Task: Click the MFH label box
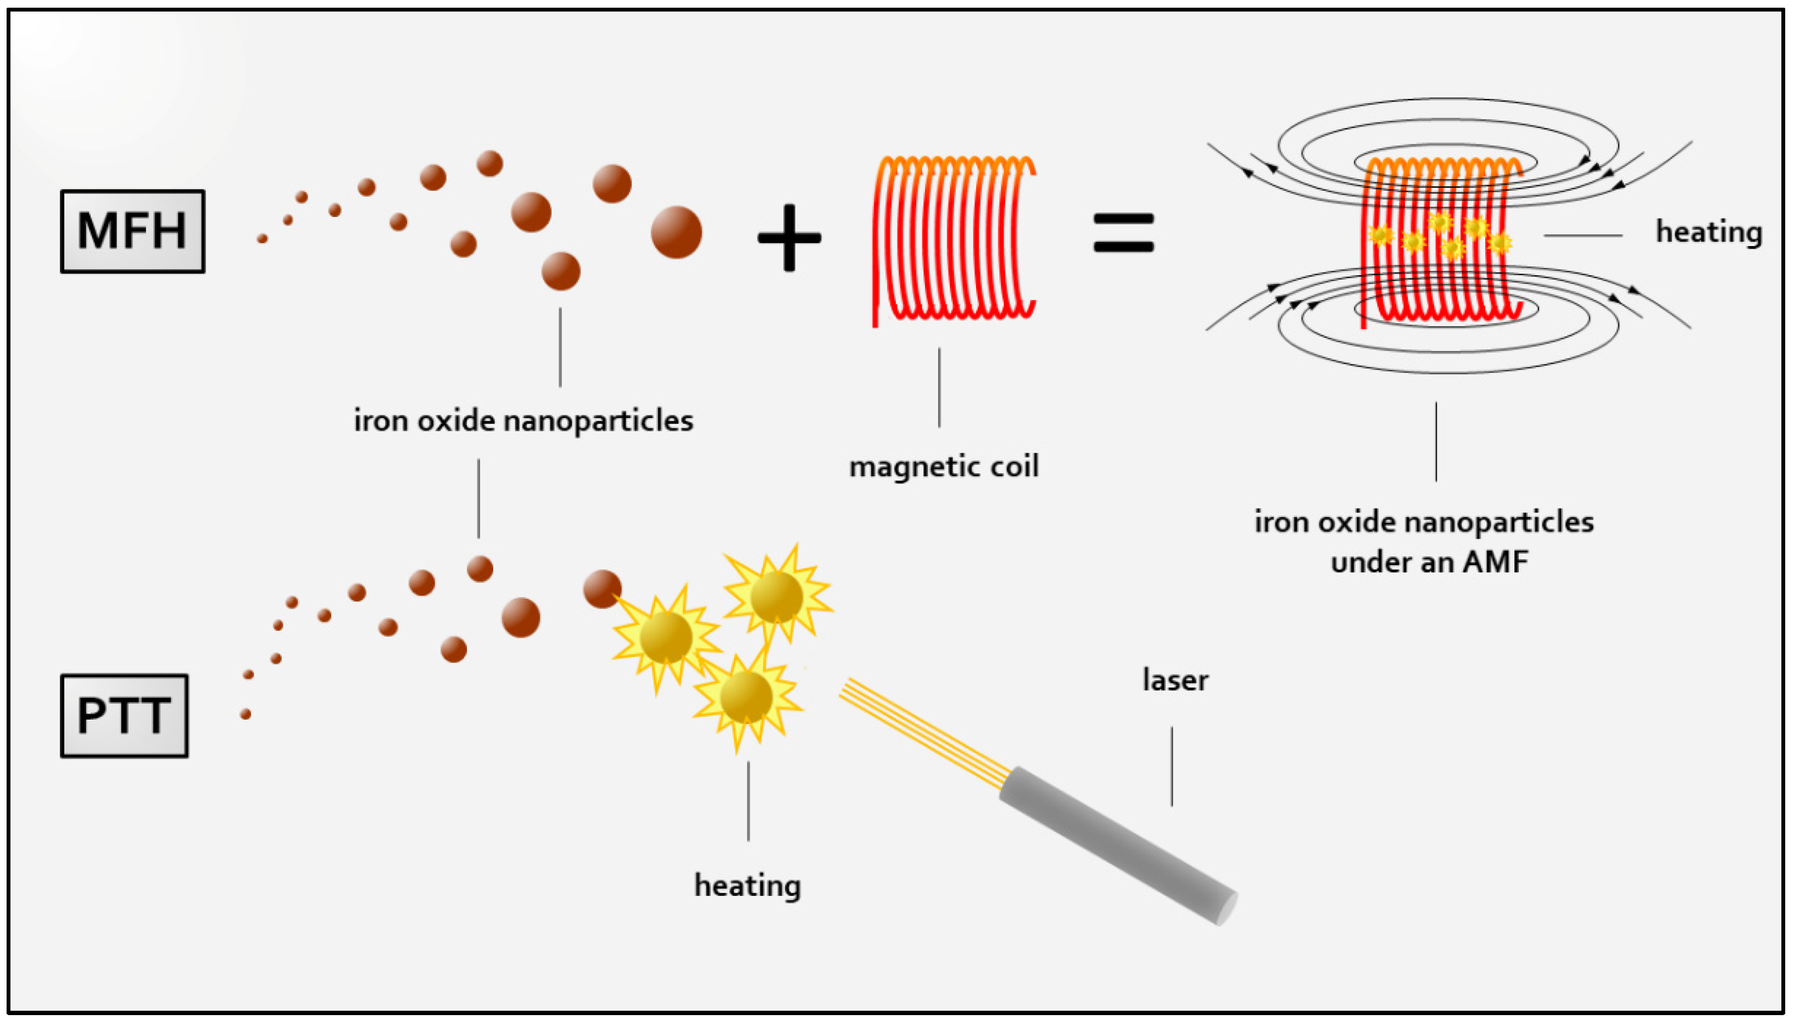132,231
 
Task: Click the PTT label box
124,715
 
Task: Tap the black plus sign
789,238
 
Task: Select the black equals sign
1123,233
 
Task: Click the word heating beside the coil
1708,232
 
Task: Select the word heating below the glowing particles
748,885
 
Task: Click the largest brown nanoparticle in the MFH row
676,232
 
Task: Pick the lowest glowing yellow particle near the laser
746,697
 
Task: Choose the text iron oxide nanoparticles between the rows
523,421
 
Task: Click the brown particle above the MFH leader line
560,271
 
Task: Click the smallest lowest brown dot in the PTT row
246,714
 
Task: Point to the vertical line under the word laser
1172,766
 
